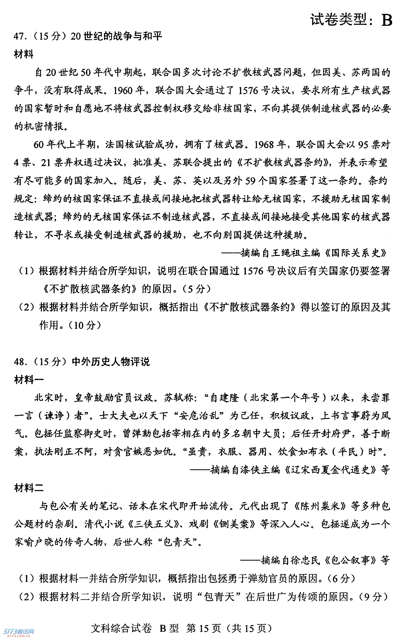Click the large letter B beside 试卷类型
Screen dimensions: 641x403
pos(386,20)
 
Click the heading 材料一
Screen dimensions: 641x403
pos(29,380)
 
